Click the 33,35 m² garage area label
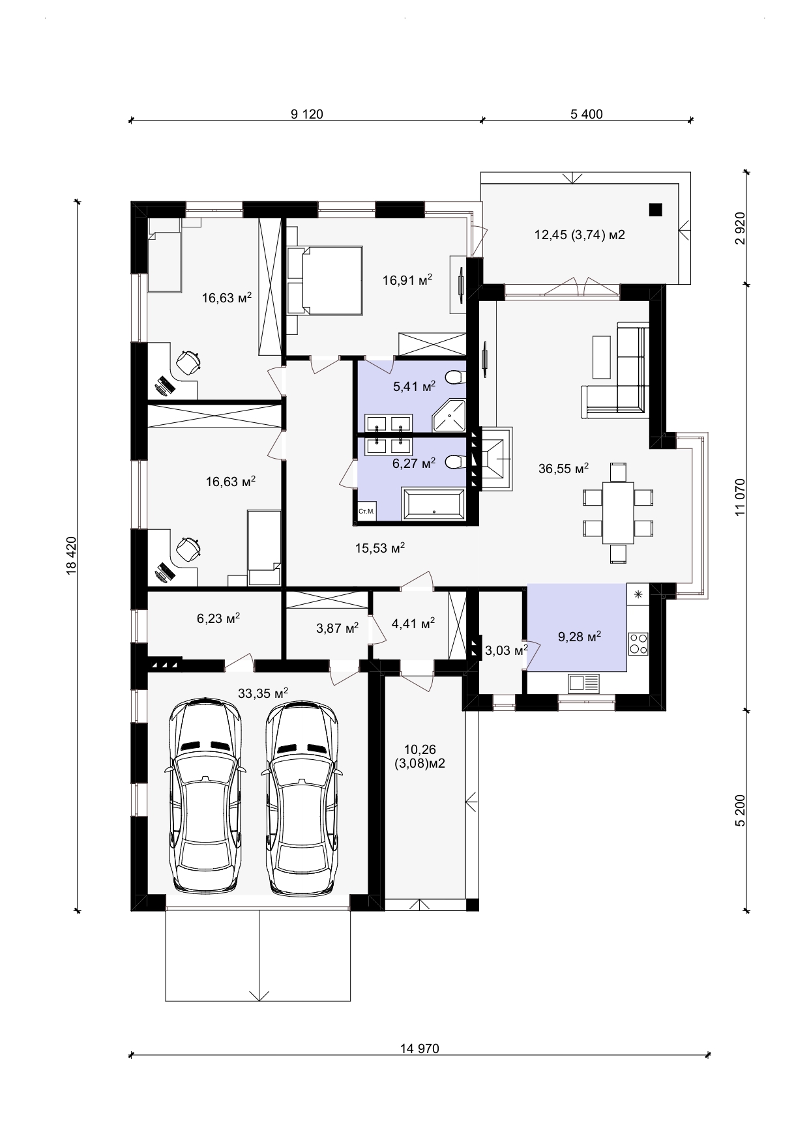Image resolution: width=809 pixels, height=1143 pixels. tap(263, 693)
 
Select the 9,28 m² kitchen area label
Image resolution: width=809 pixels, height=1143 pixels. tap(580, 636)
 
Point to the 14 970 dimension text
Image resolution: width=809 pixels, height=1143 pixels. tap(419, 1049)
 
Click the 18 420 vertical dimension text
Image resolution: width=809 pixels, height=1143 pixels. tap(72, 555)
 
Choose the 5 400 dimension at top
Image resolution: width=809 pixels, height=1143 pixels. tap(587, 114)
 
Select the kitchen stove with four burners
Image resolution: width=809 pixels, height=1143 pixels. tap(638, 643)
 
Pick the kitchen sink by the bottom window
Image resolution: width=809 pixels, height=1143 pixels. tap(583, 683)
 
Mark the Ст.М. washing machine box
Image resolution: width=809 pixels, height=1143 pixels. tap(366, 512)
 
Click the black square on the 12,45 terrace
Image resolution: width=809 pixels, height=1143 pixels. tap(655, 209)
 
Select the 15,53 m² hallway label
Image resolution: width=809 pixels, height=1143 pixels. tap(380, 548)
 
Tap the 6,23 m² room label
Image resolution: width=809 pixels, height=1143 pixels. tap(218, 618)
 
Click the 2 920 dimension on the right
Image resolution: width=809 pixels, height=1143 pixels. tap(739, 228)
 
